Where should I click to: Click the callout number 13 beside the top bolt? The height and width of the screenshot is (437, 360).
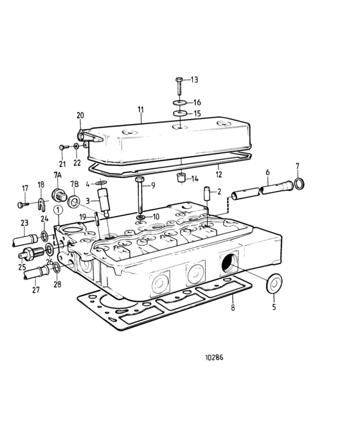[195, 80]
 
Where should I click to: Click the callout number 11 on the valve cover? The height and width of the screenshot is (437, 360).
[140, 111]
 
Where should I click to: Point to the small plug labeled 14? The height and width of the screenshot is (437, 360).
[181, 178]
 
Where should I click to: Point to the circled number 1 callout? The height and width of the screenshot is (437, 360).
[58, 209]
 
